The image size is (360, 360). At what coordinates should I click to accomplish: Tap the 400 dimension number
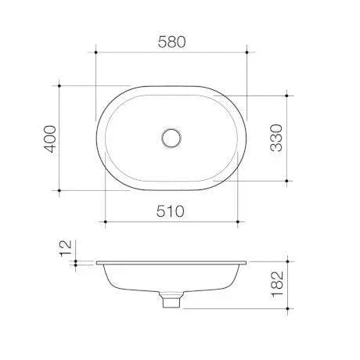[50, 138]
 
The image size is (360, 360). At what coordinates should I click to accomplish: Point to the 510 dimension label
[171, 211]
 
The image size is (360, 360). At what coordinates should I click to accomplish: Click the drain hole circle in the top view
[171, 138]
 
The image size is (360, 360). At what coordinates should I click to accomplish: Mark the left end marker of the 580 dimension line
[95, 52]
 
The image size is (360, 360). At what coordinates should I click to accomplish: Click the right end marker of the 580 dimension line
[247, 52]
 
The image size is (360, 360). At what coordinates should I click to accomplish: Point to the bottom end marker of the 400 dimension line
[61, 190]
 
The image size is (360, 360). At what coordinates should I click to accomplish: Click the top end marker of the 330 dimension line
[287, 95]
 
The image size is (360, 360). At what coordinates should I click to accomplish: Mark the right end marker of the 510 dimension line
[238, 222]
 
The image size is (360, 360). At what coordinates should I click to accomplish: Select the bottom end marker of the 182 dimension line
[287, 308]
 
